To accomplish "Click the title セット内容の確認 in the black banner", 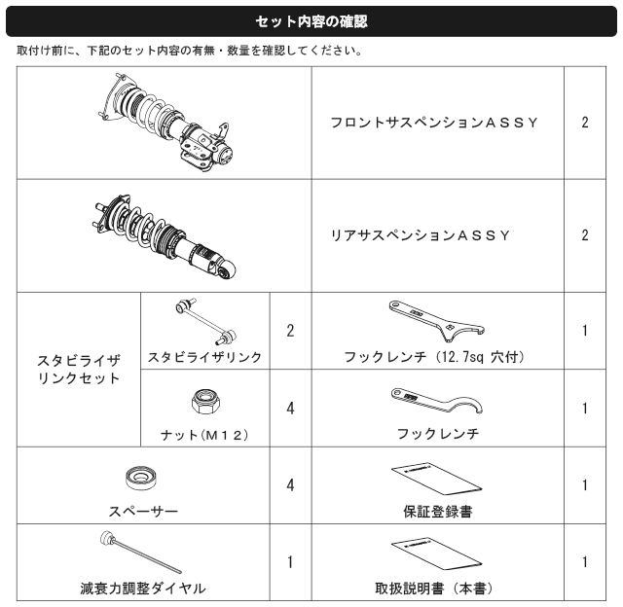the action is pos(311,21).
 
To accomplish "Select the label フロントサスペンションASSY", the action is pos(434,123).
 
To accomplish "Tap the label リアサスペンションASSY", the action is pos(421,235).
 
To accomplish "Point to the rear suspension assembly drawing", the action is pos(164,237).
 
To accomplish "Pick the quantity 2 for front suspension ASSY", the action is pos(585,123).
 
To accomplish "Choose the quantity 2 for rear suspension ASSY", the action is pos(585,235).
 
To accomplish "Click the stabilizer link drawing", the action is pos(206,321).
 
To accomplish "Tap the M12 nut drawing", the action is pos(205,402).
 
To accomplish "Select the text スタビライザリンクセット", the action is pos(79,370).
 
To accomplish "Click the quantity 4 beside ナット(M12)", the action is pos(290,409).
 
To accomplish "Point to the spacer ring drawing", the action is pos(140,479).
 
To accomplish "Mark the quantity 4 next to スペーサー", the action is pos(290,485).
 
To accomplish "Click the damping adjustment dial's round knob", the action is pos(107,538).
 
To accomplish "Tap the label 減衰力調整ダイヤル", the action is pos(143,589).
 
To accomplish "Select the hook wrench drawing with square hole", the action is pos(436,320).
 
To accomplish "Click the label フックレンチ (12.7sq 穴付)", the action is pos(434,357).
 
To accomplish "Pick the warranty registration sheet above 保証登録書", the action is pos(437,479).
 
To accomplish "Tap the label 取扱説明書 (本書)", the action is pos(434,589).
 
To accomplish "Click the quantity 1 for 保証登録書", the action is pos(585,485).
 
